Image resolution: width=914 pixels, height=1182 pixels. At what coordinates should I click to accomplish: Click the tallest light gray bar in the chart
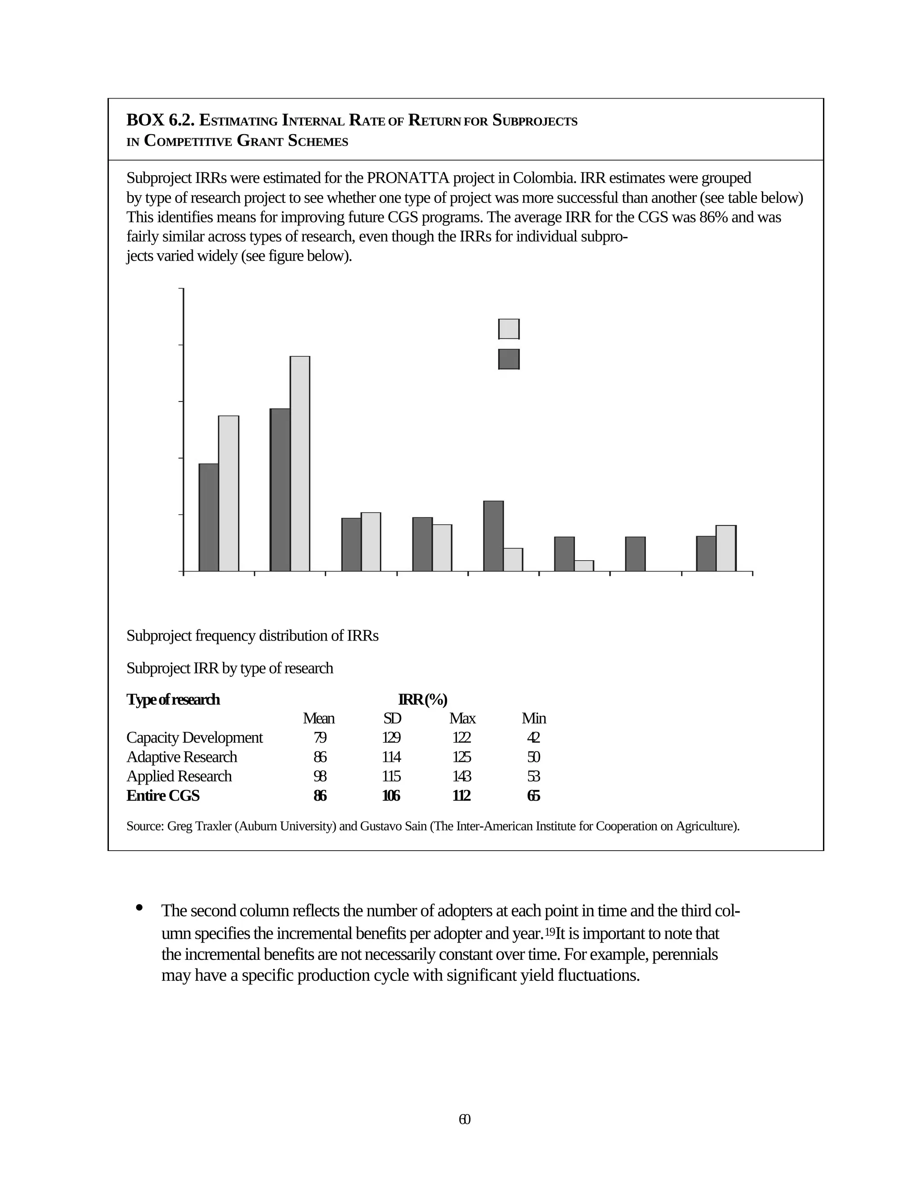coord(300,463)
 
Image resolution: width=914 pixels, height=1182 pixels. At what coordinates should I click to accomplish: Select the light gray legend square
coord(508,329)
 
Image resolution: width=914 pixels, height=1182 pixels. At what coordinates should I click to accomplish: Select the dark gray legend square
coord(508,359)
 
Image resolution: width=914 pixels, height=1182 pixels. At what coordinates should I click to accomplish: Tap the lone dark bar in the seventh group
coord(635,554)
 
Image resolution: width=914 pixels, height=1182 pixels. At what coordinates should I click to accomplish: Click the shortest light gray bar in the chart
coord(584,566)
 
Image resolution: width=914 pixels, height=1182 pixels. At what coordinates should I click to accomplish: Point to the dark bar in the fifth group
coord(493,536)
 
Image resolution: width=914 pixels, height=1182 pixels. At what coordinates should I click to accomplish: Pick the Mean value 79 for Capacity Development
coord(320,738)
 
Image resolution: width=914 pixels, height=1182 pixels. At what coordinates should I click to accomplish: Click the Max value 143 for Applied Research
coord(461,776)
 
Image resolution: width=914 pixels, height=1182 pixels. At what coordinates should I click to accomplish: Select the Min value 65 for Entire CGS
coord(533,796)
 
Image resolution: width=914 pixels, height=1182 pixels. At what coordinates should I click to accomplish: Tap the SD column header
coord(391,718)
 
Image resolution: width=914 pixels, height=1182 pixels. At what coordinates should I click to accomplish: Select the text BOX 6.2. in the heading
coord(160,120)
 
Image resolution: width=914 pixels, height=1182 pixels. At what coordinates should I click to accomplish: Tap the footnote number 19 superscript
coord(549,933)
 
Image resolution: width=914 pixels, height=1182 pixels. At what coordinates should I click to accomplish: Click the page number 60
coord(464,1119)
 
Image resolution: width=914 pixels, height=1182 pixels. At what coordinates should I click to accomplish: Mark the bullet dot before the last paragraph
coord(140,908)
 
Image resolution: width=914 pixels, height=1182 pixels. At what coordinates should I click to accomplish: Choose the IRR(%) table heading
coord(422,699)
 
